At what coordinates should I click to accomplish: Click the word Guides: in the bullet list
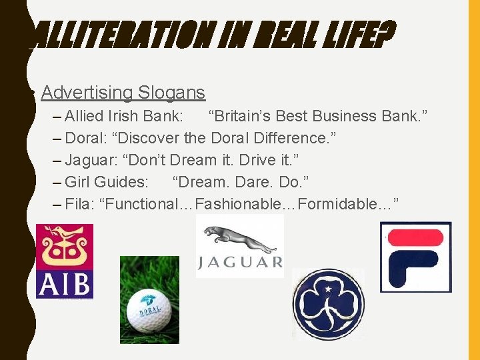122,182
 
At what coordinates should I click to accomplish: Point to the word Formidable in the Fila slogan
337,204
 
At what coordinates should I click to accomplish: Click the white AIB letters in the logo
64,283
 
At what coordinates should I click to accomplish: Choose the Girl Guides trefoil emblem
328,304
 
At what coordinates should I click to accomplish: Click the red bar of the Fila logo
416,236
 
